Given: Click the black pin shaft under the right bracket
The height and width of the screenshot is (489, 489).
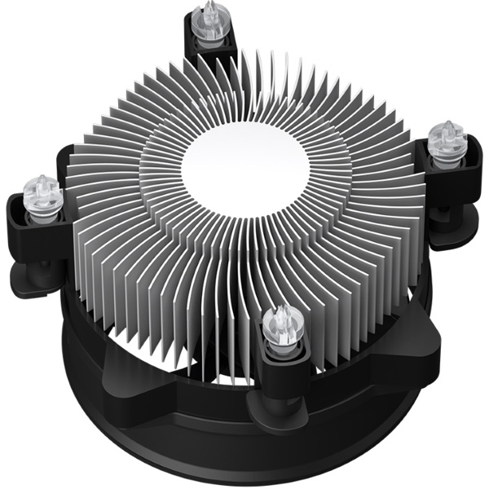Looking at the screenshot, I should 444,214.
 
